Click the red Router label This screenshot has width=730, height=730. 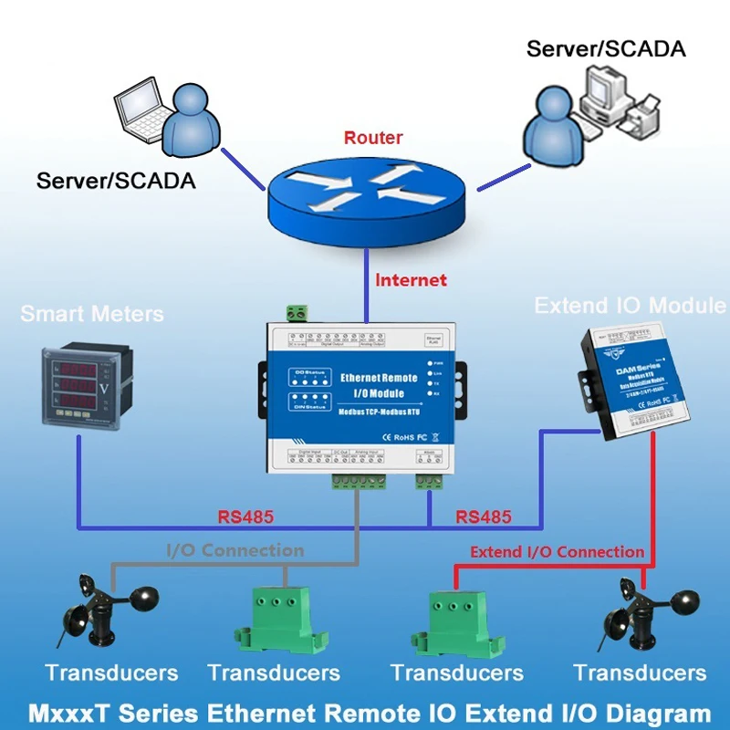point(373,139)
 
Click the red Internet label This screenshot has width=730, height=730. point(412,279)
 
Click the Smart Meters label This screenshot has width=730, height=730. point(92,315)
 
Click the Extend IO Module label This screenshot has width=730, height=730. point(630,305)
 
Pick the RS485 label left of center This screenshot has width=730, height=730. point(245,516)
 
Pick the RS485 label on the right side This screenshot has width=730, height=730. point(483,516)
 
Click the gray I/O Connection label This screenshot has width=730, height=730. point(235,550)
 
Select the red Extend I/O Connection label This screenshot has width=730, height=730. point(557,551)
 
